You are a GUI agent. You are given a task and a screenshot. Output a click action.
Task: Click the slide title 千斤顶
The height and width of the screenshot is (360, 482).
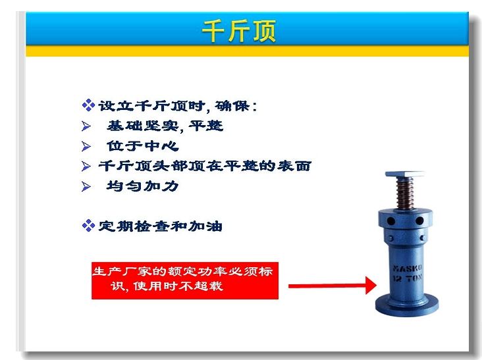238,31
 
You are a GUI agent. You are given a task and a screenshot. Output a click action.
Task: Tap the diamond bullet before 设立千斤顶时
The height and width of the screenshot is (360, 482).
88,105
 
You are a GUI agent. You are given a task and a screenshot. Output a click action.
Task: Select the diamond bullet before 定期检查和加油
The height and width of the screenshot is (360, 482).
88,226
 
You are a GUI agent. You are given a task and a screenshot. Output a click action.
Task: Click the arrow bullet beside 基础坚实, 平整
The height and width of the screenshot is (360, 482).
86,126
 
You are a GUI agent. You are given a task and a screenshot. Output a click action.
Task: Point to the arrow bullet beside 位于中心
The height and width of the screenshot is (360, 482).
86,146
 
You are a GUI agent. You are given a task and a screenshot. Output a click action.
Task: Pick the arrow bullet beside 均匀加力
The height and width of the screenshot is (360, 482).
86,186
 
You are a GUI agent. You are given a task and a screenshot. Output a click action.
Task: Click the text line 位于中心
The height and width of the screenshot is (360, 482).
143,146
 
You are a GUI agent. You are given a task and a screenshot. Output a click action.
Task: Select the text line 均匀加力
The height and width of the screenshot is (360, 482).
143,186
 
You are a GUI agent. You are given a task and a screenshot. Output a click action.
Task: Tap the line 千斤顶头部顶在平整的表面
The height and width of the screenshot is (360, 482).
205,166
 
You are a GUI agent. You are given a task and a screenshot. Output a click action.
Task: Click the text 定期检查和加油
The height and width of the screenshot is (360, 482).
160,226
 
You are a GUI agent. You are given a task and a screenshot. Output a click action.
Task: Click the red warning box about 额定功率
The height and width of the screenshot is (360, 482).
185,280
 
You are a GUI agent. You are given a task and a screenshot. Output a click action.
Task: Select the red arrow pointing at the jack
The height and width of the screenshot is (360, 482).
333,286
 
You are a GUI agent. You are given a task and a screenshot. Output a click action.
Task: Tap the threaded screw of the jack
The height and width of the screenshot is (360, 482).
404,193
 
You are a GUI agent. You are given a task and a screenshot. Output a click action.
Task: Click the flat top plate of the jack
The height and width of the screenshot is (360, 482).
404,174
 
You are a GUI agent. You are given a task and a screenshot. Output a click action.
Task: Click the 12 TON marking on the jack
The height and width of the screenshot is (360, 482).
408,278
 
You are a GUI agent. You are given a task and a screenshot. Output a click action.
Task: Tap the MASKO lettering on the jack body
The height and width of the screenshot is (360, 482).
408,268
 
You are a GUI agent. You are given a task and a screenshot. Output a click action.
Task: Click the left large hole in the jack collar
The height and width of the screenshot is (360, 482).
391,220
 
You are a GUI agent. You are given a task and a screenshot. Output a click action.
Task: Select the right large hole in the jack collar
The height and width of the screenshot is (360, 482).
419,220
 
